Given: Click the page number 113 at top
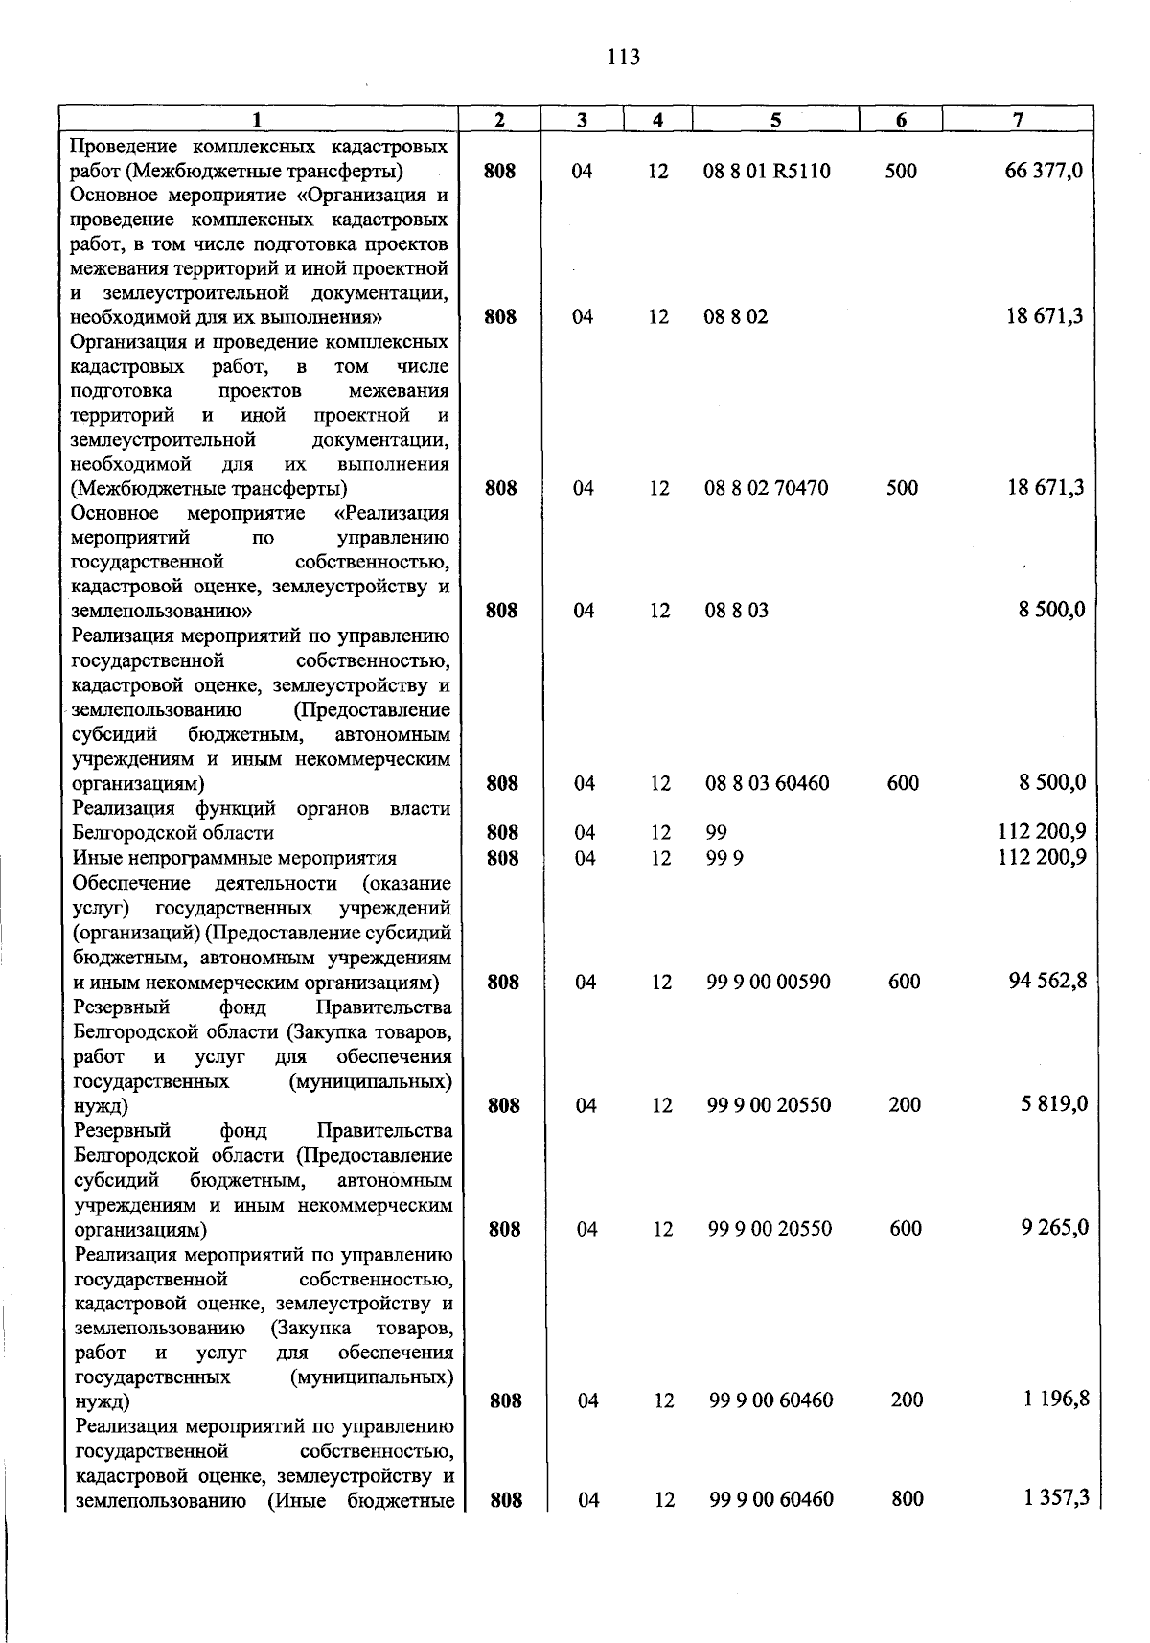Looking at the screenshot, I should [623, 58].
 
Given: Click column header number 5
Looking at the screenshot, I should [775, 120].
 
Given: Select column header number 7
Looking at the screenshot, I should [1018, 120].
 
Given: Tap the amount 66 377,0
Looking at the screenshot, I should [1044, 172].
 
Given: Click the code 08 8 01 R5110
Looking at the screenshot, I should [768, 172].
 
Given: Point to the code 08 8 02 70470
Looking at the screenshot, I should [767, 488].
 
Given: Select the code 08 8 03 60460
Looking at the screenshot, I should [768, 783].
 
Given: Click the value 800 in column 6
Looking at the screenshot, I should [907, 1499].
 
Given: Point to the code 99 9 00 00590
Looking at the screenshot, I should [769, 983].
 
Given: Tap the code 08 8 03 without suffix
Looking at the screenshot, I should [736, 611].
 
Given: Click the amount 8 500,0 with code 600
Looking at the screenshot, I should [1051, 783].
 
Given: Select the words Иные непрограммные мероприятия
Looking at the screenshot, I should [235, 858].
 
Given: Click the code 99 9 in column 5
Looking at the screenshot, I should [724, 858].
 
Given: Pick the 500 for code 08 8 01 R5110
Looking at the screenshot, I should [901, 172].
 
